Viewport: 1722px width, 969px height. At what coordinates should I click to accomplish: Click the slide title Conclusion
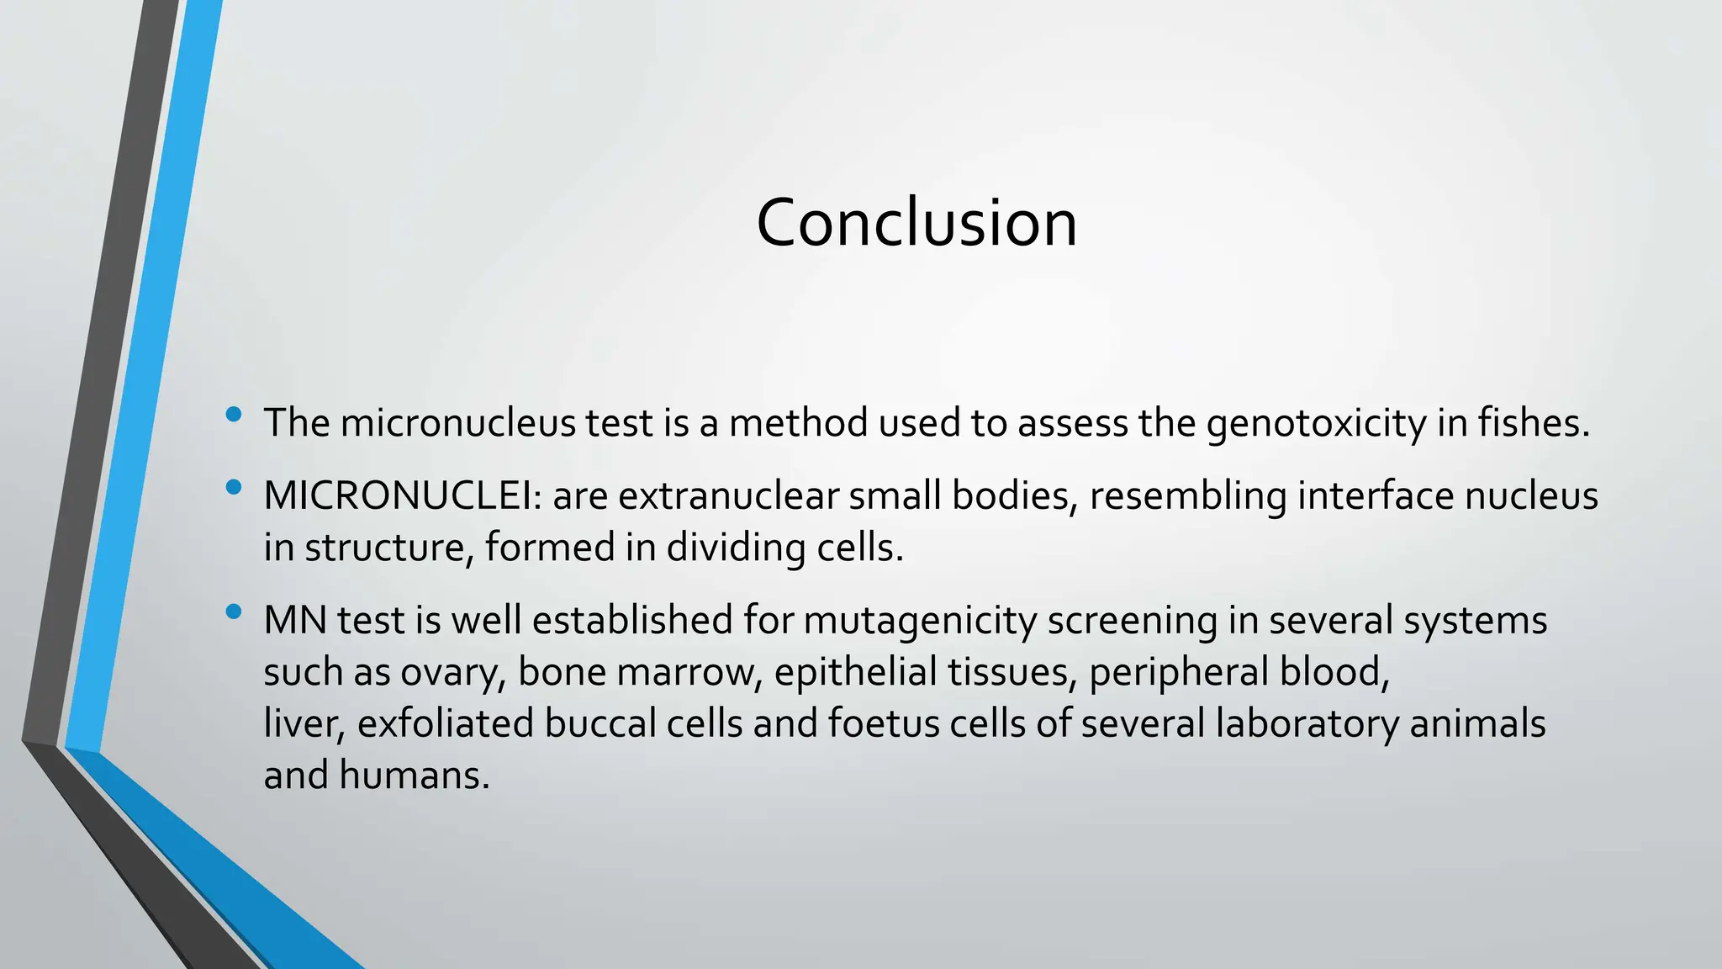[x=916, y=223]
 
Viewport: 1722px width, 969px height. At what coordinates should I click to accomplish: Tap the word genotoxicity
[x=1316, y=423]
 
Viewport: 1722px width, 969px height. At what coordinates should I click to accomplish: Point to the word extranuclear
[x=728, y=496]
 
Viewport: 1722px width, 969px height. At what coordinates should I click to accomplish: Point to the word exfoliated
[x=445, y=724]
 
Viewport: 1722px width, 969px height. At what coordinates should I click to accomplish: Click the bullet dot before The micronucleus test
[x=234, y=414]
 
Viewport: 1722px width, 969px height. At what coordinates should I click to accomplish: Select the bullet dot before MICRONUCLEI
[x=234, y=487]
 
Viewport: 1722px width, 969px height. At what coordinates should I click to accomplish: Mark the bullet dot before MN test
[x=234, y=612]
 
